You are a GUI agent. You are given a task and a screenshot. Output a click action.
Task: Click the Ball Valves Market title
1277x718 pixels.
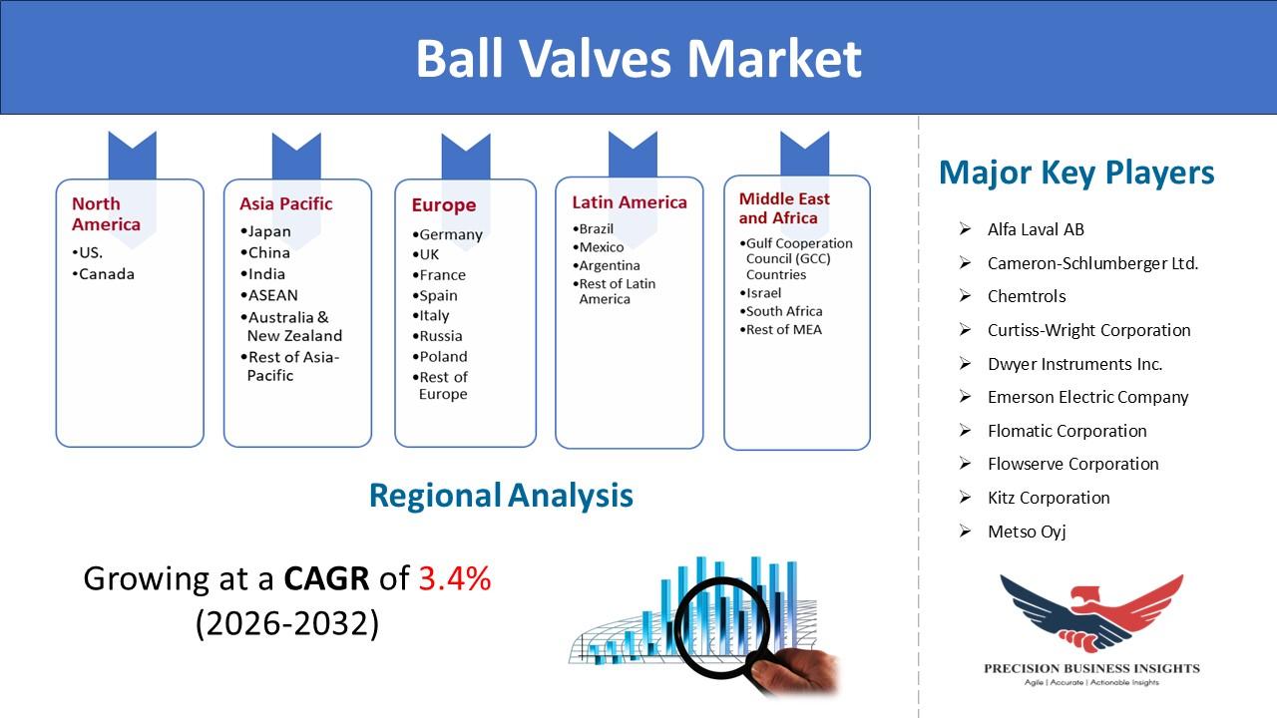click(638, 58)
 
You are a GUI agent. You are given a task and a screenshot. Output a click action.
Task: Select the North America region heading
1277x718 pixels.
click(106, 213)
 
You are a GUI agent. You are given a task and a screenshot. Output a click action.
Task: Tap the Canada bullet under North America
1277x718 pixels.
click(104, 274)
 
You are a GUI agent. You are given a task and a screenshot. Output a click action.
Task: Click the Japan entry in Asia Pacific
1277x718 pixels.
click(265, 232)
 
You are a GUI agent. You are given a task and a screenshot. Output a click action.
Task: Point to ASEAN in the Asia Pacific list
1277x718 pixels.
click(269, 295)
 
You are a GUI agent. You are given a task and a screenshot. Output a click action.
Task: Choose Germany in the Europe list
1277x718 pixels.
click(448, 234)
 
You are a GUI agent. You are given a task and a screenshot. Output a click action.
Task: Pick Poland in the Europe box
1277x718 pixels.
click(440, 357)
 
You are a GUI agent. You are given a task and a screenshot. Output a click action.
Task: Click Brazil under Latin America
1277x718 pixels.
click(594, 229)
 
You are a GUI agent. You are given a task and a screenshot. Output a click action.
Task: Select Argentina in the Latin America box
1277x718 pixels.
click(606, 265)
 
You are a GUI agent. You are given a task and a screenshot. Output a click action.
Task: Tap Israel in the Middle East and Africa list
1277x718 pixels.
click(760, 293)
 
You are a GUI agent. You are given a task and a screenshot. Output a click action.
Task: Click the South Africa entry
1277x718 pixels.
click(781, 311)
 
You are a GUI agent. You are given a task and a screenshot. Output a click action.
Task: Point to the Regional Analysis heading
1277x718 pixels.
click(501, 496)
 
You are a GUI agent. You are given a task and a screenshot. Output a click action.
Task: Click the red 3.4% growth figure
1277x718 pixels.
click(455, 578)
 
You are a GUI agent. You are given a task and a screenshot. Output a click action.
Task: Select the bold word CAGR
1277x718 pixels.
click(326, 578)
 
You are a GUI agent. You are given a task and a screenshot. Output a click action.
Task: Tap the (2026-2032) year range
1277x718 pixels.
click(287, 623)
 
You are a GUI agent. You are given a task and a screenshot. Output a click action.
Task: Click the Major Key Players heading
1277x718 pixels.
click(1076, 173)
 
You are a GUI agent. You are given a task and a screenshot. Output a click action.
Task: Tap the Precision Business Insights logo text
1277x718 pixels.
click(1091, 668)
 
